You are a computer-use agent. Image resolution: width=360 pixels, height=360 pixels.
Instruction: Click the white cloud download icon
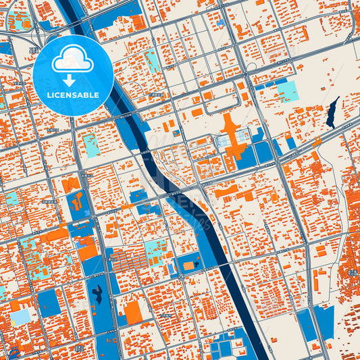74,59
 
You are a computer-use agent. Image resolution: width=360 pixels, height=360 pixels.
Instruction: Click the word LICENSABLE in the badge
74,95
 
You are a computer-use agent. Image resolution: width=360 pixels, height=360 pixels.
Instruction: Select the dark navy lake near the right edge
333,112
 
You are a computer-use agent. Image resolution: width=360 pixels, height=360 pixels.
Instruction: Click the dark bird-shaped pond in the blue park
99,292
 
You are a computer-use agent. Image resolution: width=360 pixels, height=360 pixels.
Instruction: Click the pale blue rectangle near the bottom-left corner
20,316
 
